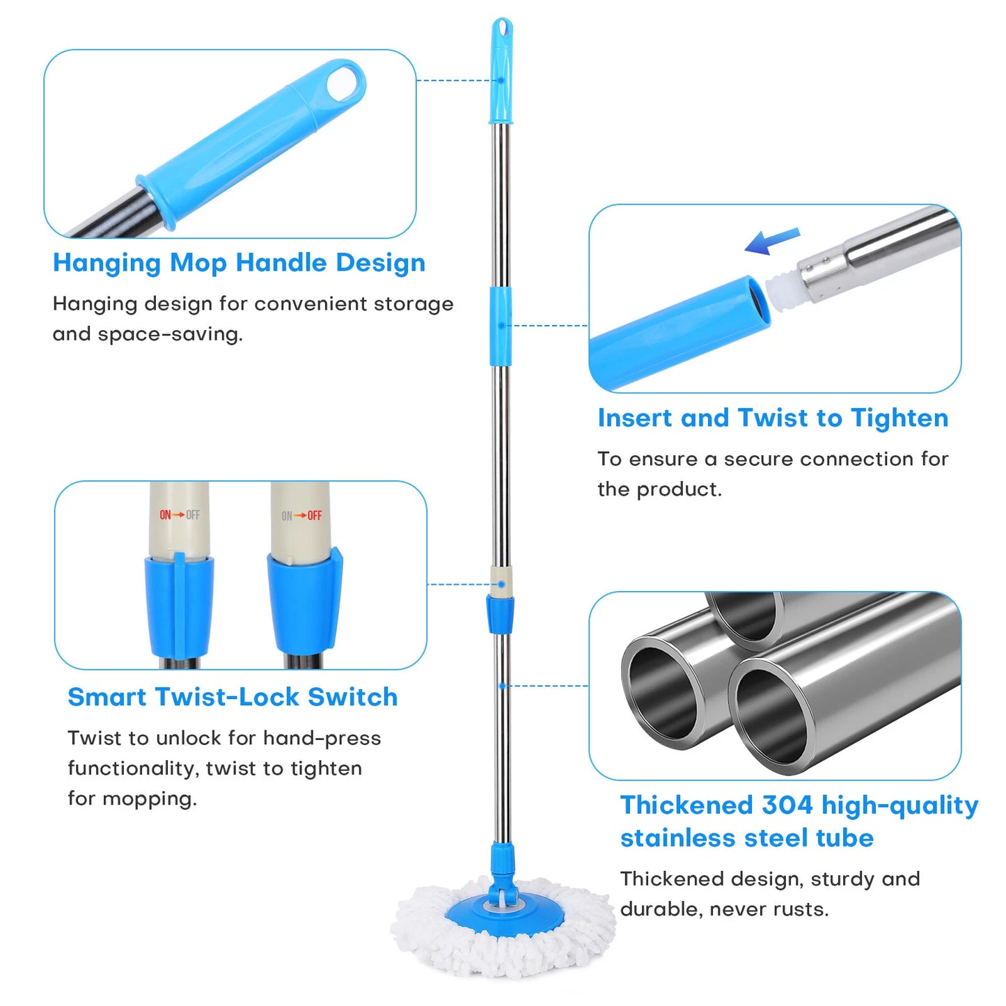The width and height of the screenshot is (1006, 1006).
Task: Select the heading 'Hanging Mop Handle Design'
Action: (x=239, y=262)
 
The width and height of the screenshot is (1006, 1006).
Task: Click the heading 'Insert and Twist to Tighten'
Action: (x=773, y=418)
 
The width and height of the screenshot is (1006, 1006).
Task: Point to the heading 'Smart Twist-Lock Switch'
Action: (x=233, y=696)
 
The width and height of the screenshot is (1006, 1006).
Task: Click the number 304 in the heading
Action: (x=787, y=805)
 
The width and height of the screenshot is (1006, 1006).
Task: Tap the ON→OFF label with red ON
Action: (x=180, y=514)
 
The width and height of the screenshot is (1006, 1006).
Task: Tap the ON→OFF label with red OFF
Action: (x=301, y=516)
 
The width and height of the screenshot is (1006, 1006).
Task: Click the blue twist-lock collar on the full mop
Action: (x=501, y=614)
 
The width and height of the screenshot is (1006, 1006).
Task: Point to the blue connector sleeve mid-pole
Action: (x=500, y=325)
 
